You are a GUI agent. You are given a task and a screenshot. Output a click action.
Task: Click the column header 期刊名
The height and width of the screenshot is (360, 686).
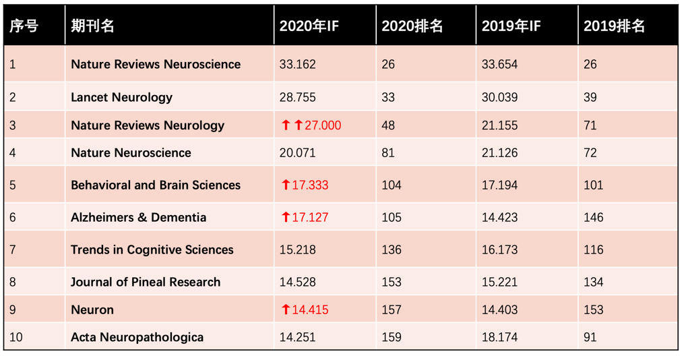(92, 26)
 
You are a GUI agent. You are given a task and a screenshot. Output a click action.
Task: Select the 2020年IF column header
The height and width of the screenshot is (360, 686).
(309, 26)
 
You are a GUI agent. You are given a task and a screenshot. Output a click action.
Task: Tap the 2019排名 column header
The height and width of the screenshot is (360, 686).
(614, 26)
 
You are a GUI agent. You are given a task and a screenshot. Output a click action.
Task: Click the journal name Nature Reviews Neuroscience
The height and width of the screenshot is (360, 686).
(156, 65)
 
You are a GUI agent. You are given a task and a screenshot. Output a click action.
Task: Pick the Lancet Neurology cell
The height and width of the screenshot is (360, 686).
(121, 97)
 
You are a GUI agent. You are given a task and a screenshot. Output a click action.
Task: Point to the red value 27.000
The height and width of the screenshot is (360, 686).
(323, 125)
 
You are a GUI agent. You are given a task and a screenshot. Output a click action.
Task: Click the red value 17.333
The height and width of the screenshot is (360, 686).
(310, 185)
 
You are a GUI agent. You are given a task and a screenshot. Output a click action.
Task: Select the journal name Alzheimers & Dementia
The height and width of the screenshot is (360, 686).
(138, 217)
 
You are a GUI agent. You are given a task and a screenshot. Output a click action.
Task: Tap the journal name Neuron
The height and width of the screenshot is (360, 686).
(92, 310)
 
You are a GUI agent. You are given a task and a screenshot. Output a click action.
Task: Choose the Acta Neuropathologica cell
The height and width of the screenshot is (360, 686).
(137, 337)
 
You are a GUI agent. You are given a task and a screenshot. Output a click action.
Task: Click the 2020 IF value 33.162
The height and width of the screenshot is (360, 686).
(297, 65)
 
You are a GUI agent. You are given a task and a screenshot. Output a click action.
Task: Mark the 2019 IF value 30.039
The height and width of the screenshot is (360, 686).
(499, 97)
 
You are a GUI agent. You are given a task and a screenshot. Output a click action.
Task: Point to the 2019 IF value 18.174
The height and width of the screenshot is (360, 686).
(499, 337)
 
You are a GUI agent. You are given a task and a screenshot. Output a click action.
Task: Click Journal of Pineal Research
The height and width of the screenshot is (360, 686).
(146, 282)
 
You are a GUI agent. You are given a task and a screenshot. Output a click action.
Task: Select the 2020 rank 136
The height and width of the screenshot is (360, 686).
(391, 249)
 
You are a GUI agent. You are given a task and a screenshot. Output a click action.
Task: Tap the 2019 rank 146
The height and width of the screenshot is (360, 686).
(593, 217)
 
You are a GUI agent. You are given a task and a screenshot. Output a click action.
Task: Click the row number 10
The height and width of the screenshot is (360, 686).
(16, 337)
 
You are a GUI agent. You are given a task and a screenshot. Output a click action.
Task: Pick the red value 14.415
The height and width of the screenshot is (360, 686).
(310, 310)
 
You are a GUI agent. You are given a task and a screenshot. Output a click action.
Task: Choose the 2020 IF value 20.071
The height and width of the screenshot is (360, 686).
(297, 153)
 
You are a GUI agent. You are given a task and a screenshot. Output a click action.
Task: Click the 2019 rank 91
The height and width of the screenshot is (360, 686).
(590, 337)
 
